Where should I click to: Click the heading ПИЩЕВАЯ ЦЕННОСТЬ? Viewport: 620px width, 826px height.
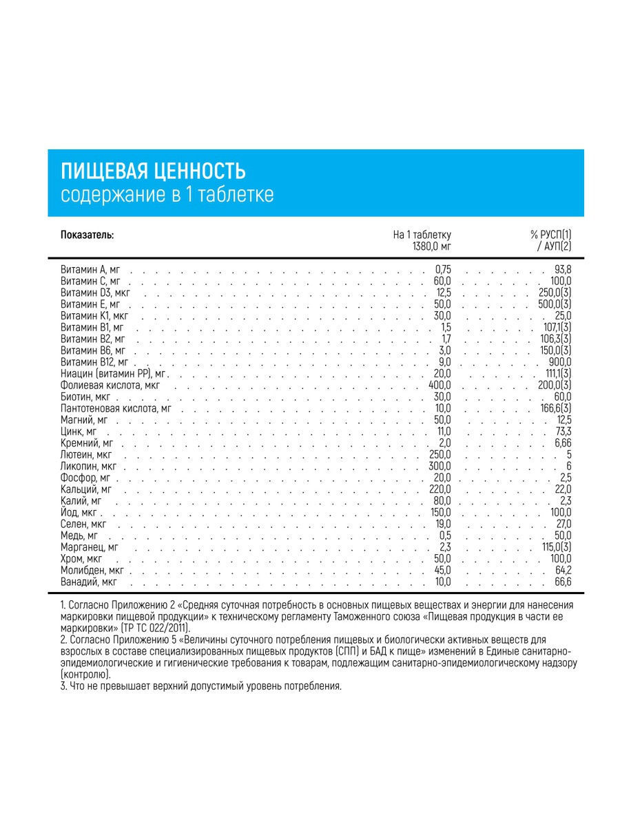pos(154,171)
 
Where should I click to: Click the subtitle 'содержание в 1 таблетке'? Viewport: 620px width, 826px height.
pos(167,195)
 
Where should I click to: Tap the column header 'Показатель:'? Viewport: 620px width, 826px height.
pos(87,235)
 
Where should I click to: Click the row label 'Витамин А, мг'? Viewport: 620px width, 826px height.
pos(90,270)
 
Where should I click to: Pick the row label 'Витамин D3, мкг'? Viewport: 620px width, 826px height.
pos(95,293)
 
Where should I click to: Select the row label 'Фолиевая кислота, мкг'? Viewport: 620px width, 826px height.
pos(110,385)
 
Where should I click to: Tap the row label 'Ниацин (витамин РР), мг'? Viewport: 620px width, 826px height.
pos(114,374)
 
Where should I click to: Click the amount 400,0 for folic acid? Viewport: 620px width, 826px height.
pos(440,385)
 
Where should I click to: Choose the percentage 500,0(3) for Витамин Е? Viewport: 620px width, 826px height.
pos(555,304)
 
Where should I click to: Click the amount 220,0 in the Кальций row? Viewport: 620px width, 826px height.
pos(440,489)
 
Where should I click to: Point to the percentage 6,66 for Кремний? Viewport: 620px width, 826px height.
pos(561,443)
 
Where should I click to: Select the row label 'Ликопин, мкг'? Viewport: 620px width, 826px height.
pos(89,467)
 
